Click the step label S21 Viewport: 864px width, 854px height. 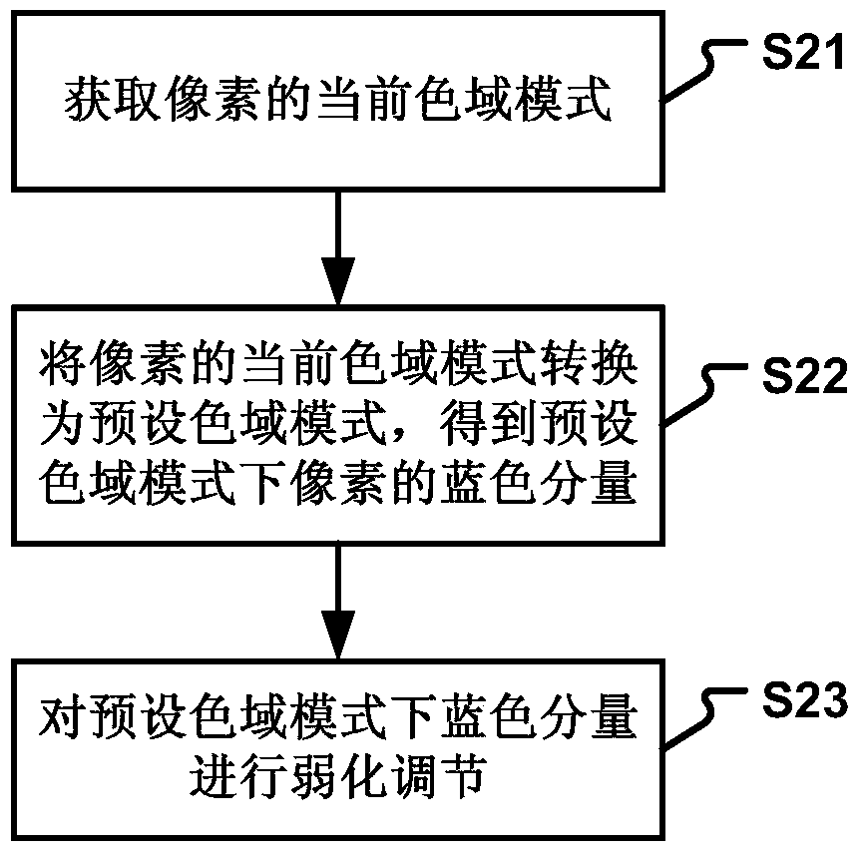(x=803, y=52)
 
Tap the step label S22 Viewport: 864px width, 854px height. (x=804, y=375)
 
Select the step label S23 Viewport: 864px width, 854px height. (x=804, y=698)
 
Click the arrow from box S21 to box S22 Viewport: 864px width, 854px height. (x=338, y=248)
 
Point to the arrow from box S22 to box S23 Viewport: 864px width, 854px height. (x=338, y=603)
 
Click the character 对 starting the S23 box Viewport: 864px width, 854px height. (x=63, y=716)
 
